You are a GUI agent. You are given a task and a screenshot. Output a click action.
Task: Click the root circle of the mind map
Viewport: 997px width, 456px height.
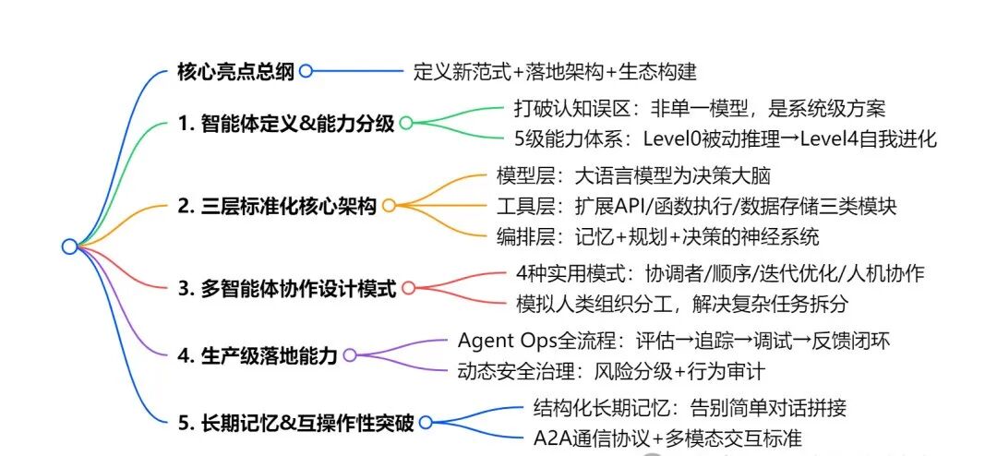[x=69, y=246]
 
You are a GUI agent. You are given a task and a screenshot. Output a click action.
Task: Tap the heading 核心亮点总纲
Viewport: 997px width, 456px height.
[x=236, y=70]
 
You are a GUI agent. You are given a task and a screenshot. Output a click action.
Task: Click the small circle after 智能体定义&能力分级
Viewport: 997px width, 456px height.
[x=404, y=123]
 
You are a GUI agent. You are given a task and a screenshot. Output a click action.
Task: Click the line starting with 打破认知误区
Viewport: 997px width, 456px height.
[x=699, y=108]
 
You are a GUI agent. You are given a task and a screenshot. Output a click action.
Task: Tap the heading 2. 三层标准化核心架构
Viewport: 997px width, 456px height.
[x=276, y=205]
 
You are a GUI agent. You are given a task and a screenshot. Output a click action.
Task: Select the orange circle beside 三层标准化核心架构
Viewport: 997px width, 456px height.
[x=389, y=205]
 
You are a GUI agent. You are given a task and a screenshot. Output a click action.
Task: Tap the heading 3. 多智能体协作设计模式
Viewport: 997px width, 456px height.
[x=286, y=289]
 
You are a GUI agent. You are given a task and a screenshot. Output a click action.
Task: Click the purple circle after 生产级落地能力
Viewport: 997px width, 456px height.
[x=350, y=354]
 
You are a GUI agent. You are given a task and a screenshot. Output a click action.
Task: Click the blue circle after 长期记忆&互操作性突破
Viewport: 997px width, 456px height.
[x=425, y=422]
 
